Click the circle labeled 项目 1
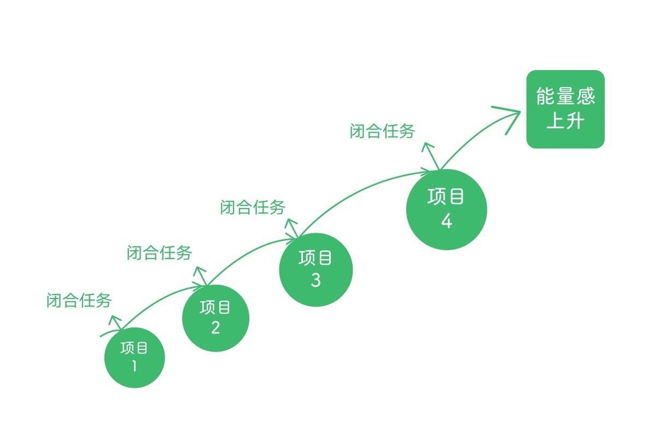point(135,357)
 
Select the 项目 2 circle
point(215,318)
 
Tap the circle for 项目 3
point(316,269)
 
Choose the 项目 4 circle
point(447,209)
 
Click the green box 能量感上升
point(565,109)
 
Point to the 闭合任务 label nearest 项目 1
point(79,301)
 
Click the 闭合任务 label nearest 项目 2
point(160,253)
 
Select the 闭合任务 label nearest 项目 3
point(253,208)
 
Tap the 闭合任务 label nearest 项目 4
point(382,131)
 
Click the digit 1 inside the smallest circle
point(135,366)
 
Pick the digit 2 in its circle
point(215,328)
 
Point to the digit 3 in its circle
point(316,280)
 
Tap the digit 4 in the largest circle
point(447,222)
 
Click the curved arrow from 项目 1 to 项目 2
point(159,298)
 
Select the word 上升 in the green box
point(565,121)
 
